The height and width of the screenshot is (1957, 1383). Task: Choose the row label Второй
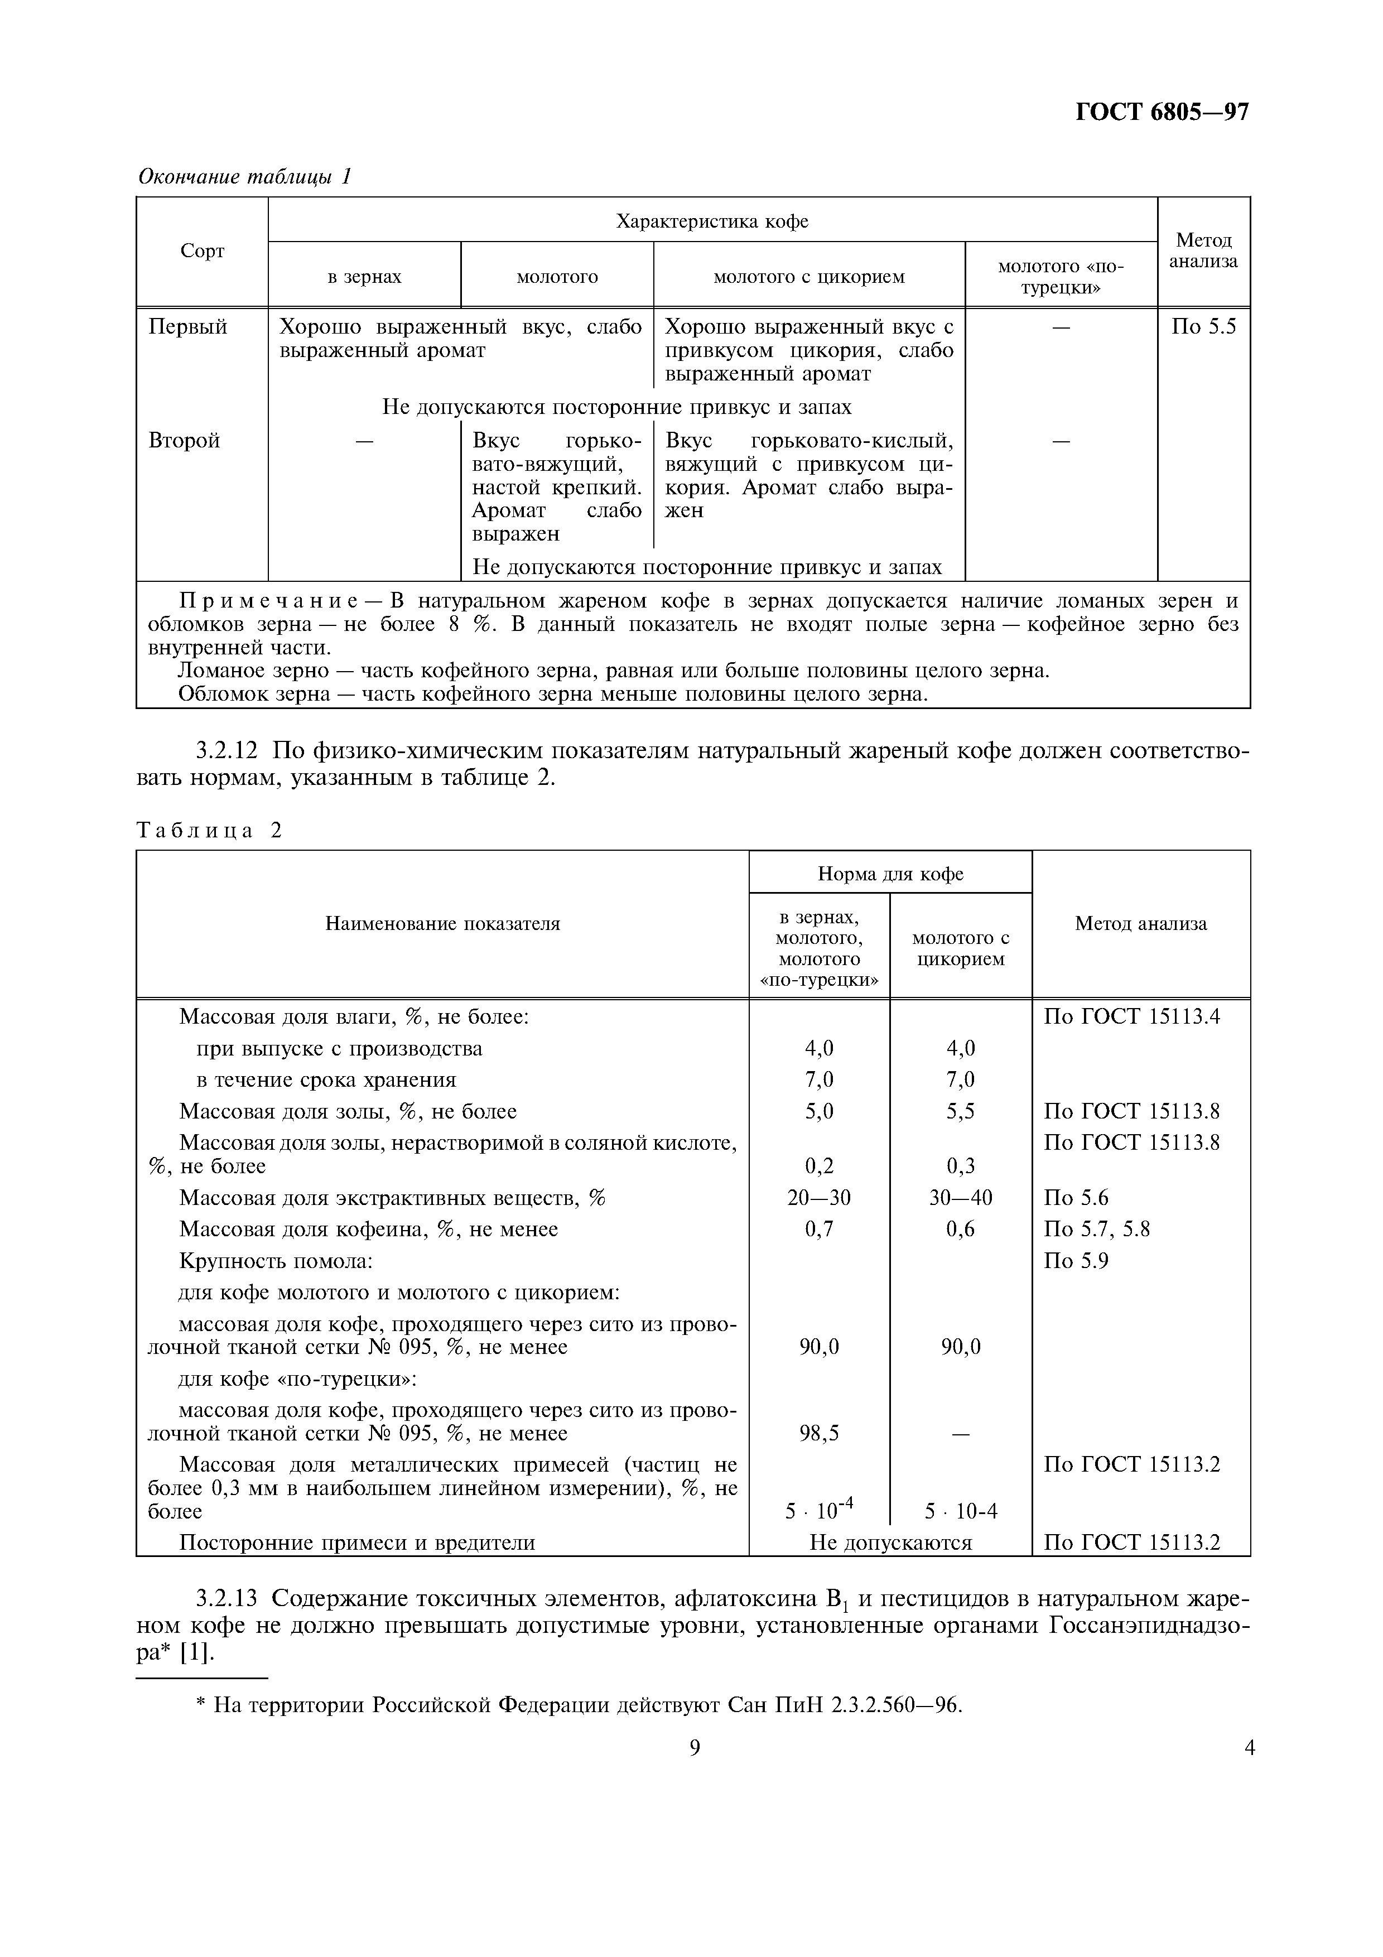pos(184,441)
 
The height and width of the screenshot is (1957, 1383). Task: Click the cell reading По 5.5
pos(1203,327)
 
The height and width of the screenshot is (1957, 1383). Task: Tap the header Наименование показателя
pos(442,923)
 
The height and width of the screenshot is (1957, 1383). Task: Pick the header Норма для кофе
pos(890,873)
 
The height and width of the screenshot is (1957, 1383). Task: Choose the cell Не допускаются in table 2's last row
pos(890,1543)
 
